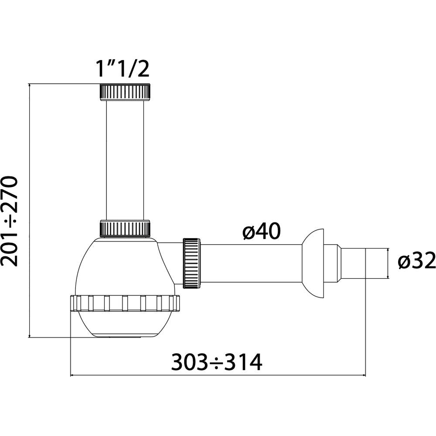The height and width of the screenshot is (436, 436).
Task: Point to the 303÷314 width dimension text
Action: coord(217,362)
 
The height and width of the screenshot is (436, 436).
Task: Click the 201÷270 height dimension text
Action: coord(10,221)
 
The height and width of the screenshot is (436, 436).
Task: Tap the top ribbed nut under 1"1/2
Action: coord(125,92)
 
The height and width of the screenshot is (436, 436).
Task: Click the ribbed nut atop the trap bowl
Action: coord(125,228)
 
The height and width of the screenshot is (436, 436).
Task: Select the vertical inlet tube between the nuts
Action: coord(125,160)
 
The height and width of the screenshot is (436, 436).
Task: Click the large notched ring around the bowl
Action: coord(125,303)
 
